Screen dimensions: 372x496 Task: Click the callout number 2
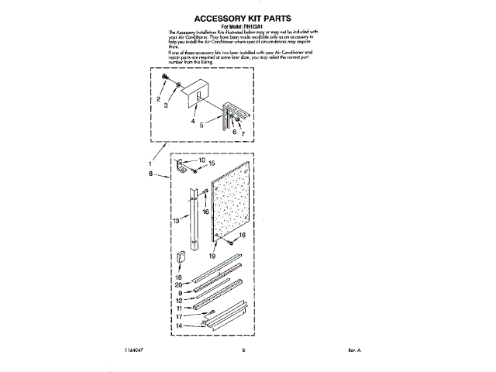(x=158, y=100)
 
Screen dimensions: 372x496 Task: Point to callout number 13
(x=177, y=221)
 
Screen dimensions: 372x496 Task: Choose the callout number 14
(x=177, y=326)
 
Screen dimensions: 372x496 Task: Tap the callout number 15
(x=211, y=164)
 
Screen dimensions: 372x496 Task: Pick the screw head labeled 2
(x=165, y=77)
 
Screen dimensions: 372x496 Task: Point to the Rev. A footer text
(x=355, y=350)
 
